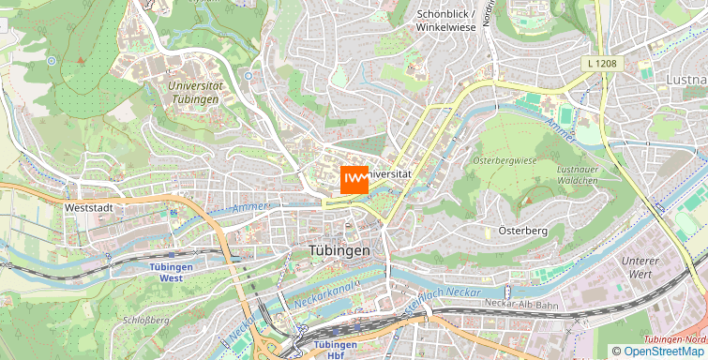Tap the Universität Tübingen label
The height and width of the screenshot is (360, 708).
(x=195, y=92)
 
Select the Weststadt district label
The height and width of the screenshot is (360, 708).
(x=89, y=207)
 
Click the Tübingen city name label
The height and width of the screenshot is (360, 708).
(x=339, y=251)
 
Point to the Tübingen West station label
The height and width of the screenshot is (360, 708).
(x=171, y=272)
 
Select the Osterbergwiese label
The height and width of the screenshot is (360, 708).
(x=505, y=160)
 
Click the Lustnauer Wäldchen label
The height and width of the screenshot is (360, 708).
(x=577, y=173)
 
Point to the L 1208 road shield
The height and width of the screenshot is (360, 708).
(x=600, y=63)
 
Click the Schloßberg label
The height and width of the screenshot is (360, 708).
(x=145, y=320)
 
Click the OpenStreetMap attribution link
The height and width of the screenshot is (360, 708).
(x=664, y=352)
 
